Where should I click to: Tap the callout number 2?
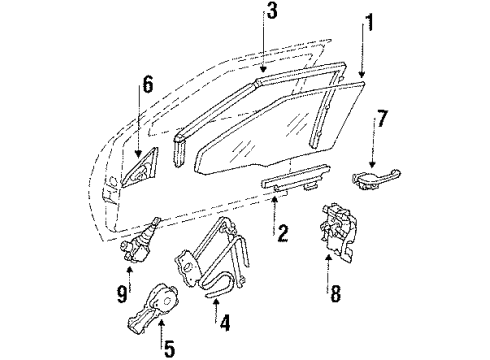coord(284,235)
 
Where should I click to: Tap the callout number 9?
coord(122,294)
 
